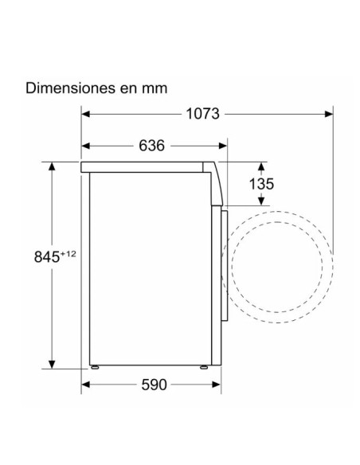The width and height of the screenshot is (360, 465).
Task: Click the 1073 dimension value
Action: [x=203, y=114]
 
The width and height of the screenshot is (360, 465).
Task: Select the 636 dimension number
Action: [x=151, y=147]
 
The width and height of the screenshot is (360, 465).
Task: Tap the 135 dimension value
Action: [x=261, y=184]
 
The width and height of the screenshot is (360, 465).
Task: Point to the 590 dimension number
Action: [x=154, y=385]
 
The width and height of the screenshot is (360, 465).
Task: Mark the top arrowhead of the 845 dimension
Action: [x=53, y=167]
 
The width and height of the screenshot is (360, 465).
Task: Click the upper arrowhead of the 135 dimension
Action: [x=261, y=167]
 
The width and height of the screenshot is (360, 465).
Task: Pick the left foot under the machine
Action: [x=96, y=368]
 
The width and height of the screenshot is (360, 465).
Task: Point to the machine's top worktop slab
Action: [x=147, y=167]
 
